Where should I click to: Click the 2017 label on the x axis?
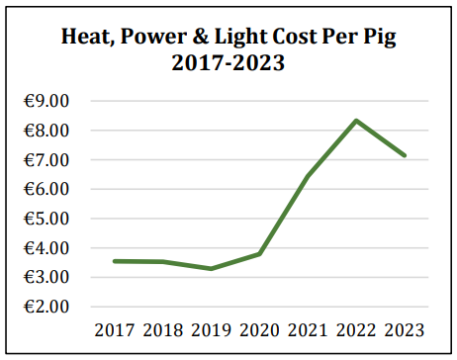tap(114, 330)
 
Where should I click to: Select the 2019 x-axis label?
tap(211, 330)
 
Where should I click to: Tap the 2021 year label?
tap(308, 330)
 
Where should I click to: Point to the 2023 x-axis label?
tap(404, 330)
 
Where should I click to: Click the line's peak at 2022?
tap(356, 121)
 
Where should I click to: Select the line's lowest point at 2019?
tap(211, 268)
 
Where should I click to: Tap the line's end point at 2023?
tap(404, 155)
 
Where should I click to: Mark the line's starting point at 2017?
tap(114, 261)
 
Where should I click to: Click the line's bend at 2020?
tap(259, 253)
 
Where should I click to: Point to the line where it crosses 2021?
tap(308, 177)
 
